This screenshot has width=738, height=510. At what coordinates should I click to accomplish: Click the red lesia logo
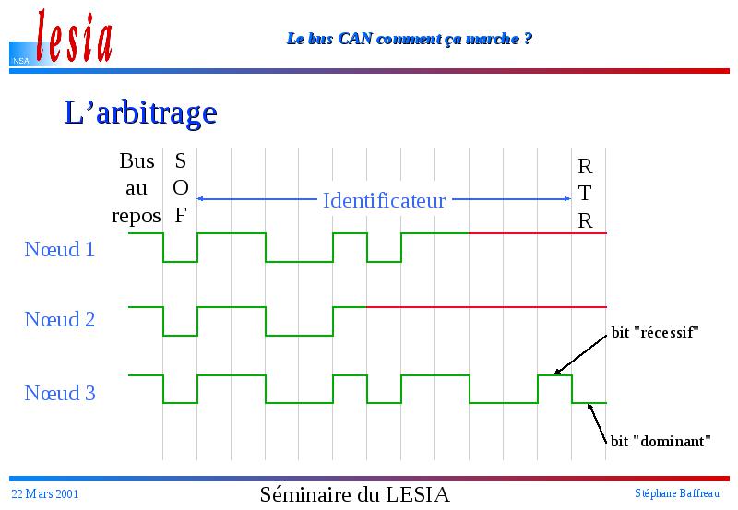[75, 37]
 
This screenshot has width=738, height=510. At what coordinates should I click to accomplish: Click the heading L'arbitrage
[140, 113]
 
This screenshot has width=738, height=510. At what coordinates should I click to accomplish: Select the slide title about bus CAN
[409, 38]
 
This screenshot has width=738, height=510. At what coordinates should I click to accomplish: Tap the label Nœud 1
[60, 249]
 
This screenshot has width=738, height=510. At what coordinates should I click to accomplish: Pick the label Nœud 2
[60, 319]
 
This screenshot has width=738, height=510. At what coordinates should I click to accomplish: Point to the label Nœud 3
[60, 393]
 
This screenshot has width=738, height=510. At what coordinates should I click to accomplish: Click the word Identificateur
[384, 200]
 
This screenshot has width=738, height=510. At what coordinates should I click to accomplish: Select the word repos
[136, 217]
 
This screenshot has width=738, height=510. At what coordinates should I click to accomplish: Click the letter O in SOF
[181, 188]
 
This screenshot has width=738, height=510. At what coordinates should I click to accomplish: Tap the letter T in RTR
[585, 193]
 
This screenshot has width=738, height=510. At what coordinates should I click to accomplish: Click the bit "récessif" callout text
[655, 333]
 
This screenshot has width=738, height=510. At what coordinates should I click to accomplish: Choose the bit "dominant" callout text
[661, 441]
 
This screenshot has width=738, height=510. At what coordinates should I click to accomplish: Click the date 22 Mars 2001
[44, 493]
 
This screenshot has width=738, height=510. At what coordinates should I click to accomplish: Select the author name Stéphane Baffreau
[677, 493]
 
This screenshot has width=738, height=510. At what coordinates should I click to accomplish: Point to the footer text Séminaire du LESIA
[355, 494]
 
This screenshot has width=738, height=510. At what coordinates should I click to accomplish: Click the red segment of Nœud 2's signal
[487, 307]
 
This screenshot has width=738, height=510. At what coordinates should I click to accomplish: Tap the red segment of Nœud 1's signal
[538, 233]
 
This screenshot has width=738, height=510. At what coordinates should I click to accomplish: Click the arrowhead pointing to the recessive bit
[557, 373]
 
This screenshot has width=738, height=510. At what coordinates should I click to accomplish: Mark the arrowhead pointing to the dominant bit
[589, 407]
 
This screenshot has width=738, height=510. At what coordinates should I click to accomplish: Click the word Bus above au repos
[137, 160]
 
